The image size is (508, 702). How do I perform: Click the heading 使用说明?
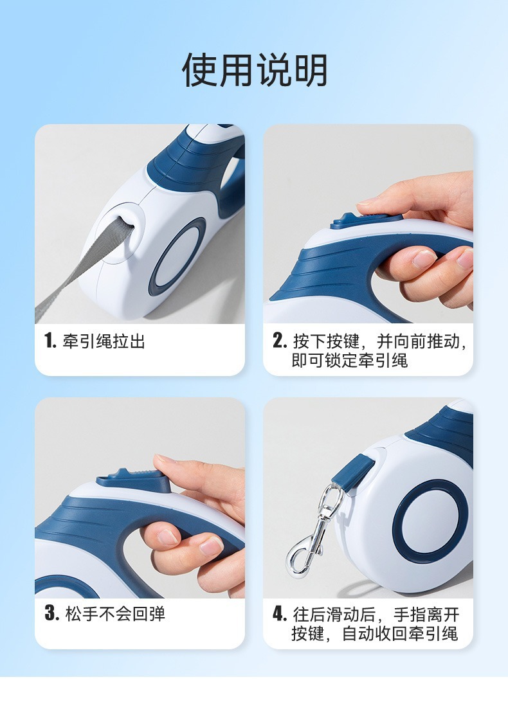tap(255, 70)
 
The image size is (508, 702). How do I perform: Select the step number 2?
tap(280, 341)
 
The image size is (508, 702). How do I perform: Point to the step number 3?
tap(52, 613)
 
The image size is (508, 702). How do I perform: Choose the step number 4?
tap(280, 614)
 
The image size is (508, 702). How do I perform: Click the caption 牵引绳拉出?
tap(104, 341)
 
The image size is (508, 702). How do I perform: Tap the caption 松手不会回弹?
tap(116, 613)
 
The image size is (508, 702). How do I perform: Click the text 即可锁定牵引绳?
tap(349, 361)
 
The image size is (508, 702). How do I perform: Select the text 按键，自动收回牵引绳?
tap(374, 633)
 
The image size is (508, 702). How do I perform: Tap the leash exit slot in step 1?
tap(126, 223)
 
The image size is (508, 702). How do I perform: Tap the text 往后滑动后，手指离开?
tap(376, 615)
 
